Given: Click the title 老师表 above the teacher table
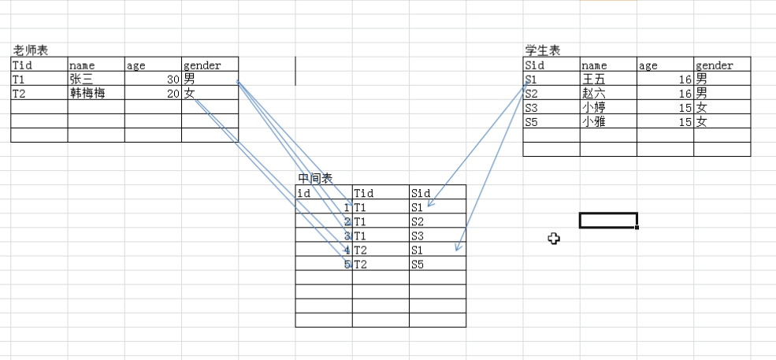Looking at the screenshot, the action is click(31, 50).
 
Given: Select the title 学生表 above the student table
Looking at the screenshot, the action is click(543, 50).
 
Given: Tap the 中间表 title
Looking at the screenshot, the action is click(315, 178).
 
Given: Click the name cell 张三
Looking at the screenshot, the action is click(80, 80).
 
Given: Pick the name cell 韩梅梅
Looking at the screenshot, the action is click(87, 94).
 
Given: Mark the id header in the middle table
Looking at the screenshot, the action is click(303, 193).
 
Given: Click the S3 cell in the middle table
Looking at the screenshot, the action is click(418, 236).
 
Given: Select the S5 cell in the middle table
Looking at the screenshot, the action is click(418, 264).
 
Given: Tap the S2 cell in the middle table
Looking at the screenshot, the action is click(418, 221).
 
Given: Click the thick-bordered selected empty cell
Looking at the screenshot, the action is click(607, 221).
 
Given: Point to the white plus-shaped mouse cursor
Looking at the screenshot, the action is click(555, 238).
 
